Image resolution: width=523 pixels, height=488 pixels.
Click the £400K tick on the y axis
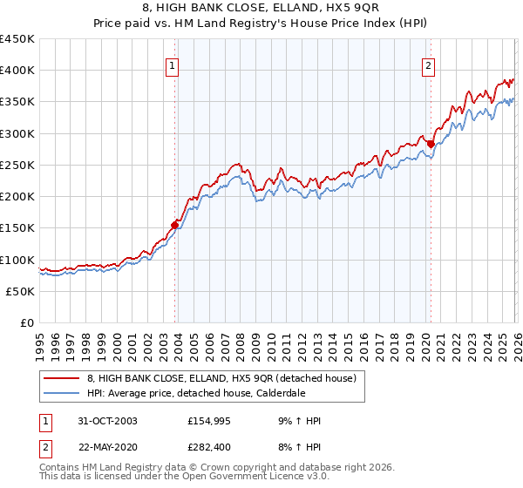[17, 71]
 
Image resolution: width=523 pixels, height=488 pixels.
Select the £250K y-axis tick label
[17, 165]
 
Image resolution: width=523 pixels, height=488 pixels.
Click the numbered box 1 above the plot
[172, 64]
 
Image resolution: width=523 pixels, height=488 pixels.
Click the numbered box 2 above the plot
[429, 64]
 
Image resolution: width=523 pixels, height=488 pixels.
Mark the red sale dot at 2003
[175, 225]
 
